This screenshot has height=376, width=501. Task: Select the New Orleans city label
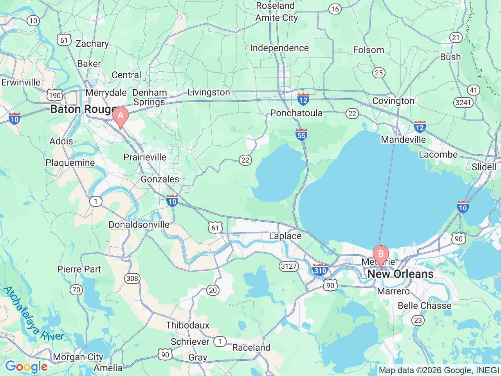[x=400, y=274]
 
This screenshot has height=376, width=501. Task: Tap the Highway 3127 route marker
[x=289, y=266]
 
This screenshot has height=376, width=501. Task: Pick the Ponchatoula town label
[x=296, y=113]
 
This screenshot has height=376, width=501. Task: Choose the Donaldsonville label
[x=139, y=225]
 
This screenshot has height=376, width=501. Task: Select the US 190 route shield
[x=55, y=95]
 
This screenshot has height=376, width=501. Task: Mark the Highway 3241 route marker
[x=463, y=103]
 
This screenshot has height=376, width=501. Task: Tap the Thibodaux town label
[x=187, y=325]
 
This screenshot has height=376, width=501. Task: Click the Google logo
[x=26, y=367]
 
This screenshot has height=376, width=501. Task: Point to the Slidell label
[x=484, y=167]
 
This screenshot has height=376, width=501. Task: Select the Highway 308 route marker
[x=132, y=278]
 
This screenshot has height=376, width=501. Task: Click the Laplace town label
[x=285, y=236]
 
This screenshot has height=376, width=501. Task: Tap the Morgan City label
[x=78, y=357]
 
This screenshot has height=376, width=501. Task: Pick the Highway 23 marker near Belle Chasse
[x=418, y=320]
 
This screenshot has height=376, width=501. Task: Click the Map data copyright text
[x=439, y=371]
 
